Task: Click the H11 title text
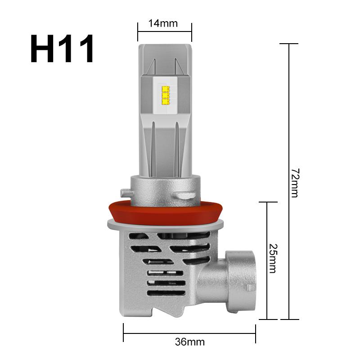point(63,50)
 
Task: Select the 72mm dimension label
point(295,183)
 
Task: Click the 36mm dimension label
point(189,342)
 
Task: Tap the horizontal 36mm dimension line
point(148,333)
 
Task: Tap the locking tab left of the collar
point(126,193)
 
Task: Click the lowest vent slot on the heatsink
point(166,293)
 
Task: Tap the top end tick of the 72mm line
point(289,44)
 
